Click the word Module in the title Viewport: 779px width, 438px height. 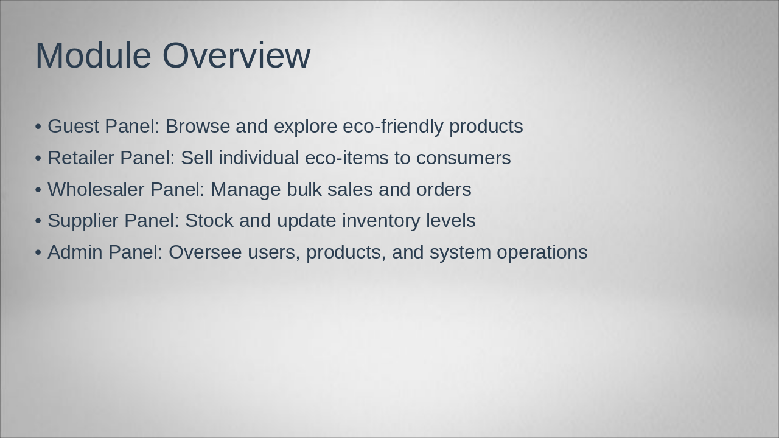coord(93,55)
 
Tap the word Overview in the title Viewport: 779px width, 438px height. coord(237,55)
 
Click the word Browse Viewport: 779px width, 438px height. coord(198,126)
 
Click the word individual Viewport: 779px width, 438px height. coord(259,158)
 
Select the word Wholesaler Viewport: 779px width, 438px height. coord(96,189)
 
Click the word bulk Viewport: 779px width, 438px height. coord(304,189)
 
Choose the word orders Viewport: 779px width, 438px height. coord(444,189)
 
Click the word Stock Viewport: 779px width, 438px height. coord(209,220)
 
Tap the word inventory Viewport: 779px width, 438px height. coord(381,221)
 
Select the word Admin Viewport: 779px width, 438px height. coord(75,252)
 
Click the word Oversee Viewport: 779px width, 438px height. coord(205,252)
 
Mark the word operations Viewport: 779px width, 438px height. coord(542,252)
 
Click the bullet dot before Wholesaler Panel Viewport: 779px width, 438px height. coord(38,190)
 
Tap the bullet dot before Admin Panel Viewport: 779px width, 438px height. coord(38,252)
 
